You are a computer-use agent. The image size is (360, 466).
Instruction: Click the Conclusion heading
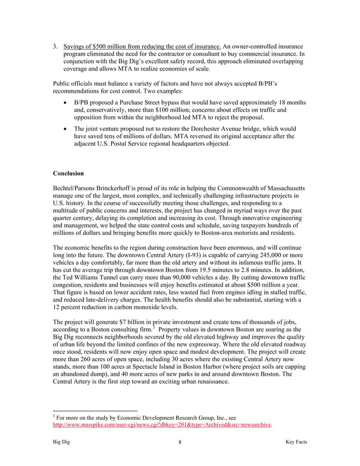coord(68,173)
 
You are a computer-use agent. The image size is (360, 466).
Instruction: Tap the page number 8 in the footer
coord(179,442)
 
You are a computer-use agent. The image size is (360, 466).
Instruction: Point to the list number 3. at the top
coord(55,46)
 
